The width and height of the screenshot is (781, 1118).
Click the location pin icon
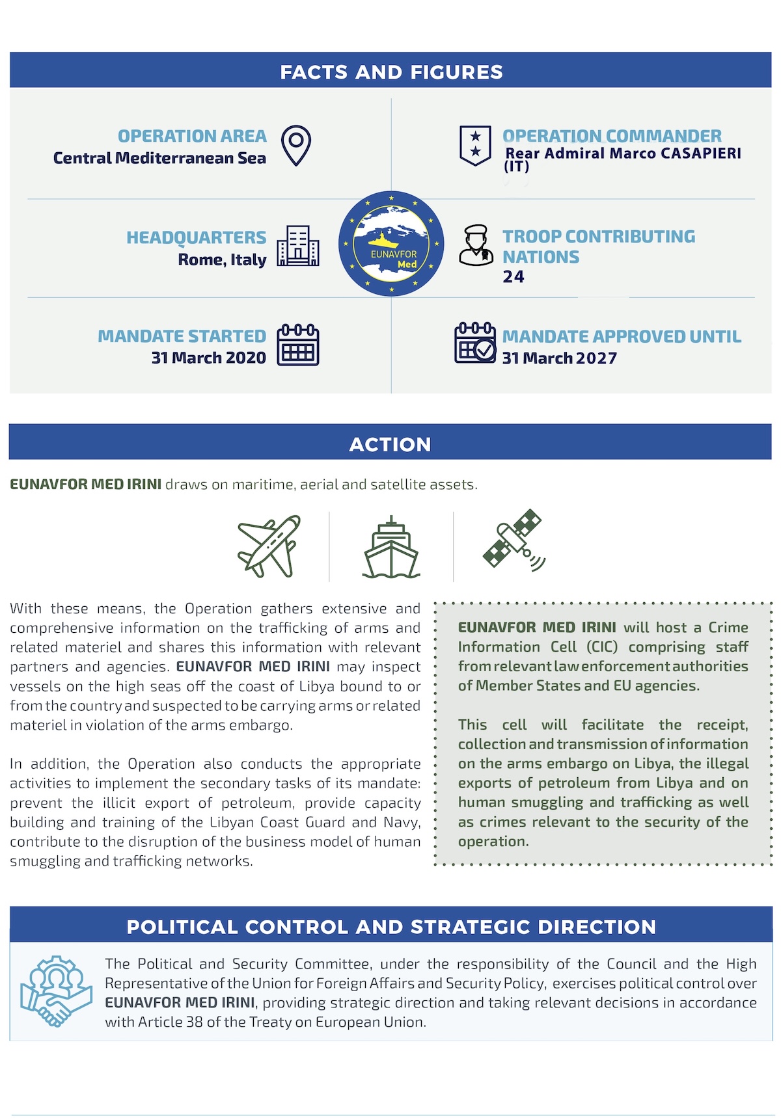tap(296, 145)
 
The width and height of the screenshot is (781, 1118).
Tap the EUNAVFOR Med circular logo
tap(391, 244)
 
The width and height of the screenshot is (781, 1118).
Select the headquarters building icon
tap(298, 246)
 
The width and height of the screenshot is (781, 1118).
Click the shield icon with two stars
tap(475, 145)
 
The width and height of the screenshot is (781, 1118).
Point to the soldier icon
tap(476, 245)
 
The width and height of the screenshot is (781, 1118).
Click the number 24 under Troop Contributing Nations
tap(514, 277)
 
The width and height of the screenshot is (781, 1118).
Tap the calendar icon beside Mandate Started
tap(298, 345)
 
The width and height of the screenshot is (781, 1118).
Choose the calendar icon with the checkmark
tap(475, 343)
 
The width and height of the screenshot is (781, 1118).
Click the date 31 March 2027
tap(560, 358)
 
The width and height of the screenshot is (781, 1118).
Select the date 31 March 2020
tap(209, 358)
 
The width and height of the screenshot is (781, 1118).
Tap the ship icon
tap(391, 548)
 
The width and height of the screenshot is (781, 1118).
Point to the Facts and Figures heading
tap(391, 72)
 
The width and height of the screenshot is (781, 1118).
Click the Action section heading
tap(390, 444)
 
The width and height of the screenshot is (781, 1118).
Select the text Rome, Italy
tap(223, 260)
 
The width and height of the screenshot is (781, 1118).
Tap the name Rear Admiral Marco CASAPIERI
tap(623, 153)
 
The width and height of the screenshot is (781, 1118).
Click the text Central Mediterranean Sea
tap(159, 158)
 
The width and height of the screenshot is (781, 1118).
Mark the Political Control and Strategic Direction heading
tap(391, 927)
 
